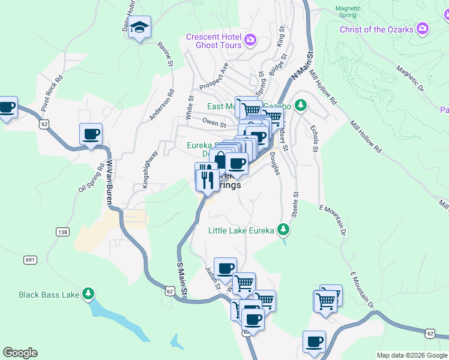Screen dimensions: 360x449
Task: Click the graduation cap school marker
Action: pyautogui.click(x=139, y=27)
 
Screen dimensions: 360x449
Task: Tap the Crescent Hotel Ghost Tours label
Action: pyautogui.click(x=214, y=41)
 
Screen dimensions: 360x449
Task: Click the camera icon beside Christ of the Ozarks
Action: pyautogui.click(x=423, y=29)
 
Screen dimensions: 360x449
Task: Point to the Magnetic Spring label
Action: pyautogui.click(x=347, y=11)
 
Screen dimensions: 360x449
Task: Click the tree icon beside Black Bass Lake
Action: pyautogui.click(x=89, y=294)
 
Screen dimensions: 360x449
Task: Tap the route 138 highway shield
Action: pyautogui.click(x=62, y=232)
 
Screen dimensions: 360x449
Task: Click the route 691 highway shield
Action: pyautogui.click(x=30, y=259)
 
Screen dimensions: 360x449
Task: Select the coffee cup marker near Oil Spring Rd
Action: pyautogui.click(x=91, y=135)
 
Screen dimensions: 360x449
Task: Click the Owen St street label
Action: pyautogui.click(x=214, y=125)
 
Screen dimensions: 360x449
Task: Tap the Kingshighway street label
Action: pyautogui.click(x=150, y=170)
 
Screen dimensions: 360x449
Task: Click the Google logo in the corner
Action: pyautogui.click(x=20, y=353)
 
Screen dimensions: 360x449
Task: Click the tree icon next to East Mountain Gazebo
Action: pyautogui.click(x=301, y=107)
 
